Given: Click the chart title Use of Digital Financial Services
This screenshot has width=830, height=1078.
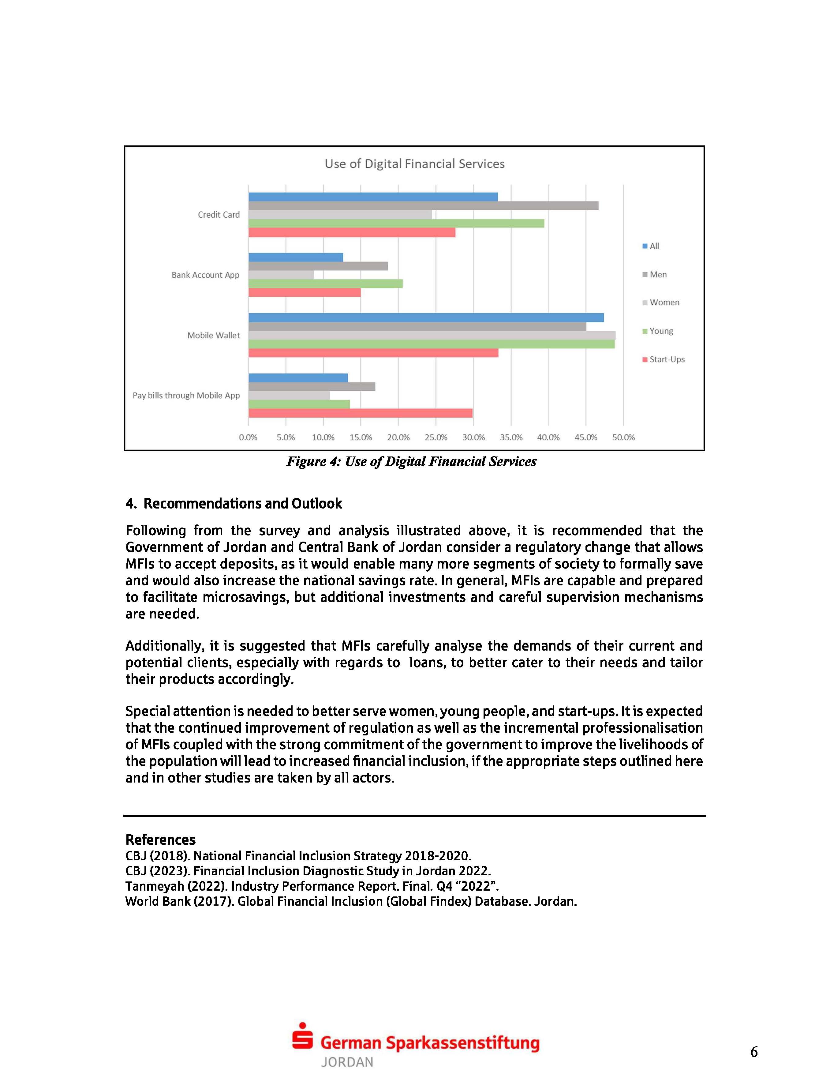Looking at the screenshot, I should tap(414, 164).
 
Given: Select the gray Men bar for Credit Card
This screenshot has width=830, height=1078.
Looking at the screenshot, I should tap(423, 206).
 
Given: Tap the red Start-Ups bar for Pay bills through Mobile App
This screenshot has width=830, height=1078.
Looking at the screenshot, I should tap(360, 413).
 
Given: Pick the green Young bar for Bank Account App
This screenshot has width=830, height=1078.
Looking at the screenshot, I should tap(325, 283).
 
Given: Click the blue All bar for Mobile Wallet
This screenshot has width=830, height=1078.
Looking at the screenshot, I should tap(426, 318).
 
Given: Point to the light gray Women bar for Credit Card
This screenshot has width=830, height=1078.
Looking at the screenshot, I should tap(340, 215).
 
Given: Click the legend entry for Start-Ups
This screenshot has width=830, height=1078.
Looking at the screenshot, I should tap(664, 359).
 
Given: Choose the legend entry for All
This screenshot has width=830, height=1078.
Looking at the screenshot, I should tap(651, 246).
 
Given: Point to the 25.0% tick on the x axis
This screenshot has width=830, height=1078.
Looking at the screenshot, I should tap(436, 437).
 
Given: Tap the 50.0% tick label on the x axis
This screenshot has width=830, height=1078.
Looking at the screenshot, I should tap(623, 437).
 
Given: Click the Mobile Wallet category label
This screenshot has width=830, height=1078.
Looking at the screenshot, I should tap(213, 336).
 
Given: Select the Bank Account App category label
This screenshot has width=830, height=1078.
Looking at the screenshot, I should tap(205, 275).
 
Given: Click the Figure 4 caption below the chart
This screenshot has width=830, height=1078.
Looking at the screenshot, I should tap(411, 461).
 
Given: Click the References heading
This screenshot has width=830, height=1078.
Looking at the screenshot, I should tap(160, 839).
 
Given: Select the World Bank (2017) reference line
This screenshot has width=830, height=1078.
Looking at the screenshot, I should tap(351, 901).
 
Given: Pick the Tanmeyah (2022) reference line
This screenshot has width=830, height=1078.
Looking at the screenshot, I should tap(312, 886).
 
